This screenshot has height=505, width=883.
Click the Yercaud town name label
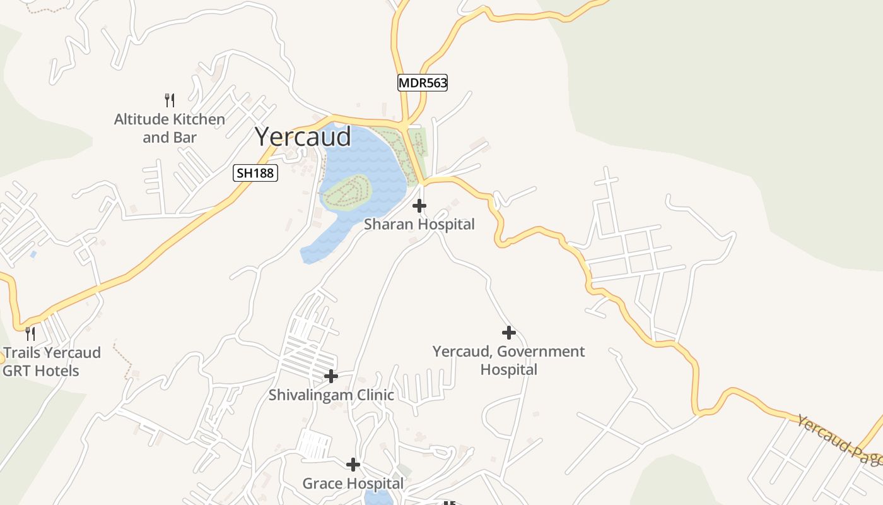point(303,137)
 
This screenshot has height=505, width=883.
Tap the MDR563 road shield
point(423,83)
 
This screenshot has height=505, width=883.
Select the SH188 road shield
point(255,172)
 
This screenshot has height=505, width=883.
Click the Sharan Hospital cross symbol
point(419,206)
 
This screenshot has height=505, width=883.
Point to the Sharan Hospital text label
point(419,224)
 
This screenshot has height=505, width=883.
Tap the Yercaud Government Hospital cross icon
point(509,333)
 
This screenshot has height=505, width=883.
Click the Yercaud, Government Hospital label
point(509,360)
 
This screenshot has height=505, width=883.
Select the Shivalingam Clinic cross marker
point(331,377)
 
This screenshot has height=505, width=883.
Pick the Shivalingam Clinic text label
point(331,395)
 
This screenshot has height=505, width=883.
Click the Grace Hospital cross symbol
point(353,465)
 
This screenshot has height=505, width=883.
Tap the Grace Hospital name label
point(353,484)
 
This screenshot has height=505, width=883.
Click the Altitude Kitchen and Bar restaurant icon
point(169,100)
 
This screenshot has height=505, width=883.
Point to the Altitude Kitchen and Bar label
point(169,128)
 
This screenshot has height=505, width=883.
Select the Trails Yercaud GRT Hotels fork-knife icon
point(30,333)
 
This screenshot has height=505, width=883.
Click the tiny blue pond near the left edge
point(33,254)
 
